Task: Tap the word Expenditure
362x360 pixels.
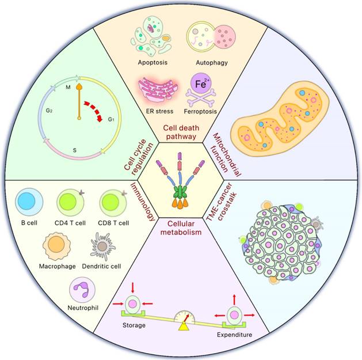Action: point(235,335)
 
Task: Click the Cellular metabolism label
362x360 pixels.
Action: point(181,229)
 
